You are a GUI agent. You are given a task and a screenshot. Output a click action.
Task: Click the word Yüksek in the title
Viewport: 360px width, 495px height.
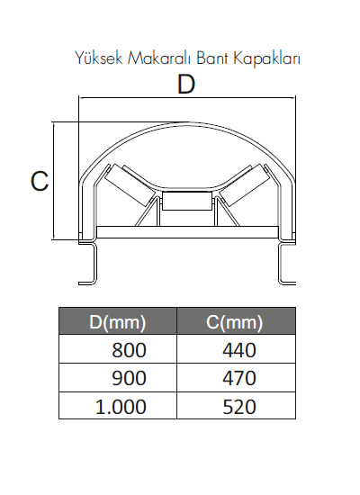pyautogui.click(x=98, y=58)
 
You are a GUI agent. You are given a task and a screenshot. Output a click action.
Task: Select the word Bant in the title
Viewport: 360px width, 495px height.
pyautogui.click(x=211, y=58)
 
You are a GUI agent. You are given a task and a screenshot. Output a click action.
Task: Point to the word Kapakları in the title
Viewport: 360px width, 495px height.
pyautogui.click(x=266, y=58)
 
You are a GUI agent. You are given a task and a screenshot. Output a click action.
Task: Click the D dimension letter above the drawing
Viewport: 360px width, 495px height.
pyautogui.click(x=186, y=84)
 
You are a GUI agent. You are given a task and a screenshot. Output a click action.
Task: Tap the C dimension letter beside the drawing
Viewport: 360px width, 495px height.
pyautogui.click(x=40, y=181)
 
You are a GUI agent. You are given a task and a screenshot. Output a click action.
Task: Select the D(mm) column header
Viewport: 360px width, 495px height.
pyautogui.click(x=118, y=322)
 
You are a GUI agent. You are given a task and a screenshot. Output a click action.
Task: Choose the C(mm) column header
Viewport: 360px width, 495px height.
pyautogui.click(x=235, y=322)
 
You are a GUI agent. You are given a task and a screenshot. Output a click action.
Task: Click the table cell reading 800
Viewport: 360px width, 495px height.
pyautogui.click(x=118, y=349)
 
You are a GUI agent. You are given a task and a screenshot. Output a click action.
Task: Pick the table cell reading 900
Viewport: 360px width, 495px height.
pyautogui.click(x=118, y=378)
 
